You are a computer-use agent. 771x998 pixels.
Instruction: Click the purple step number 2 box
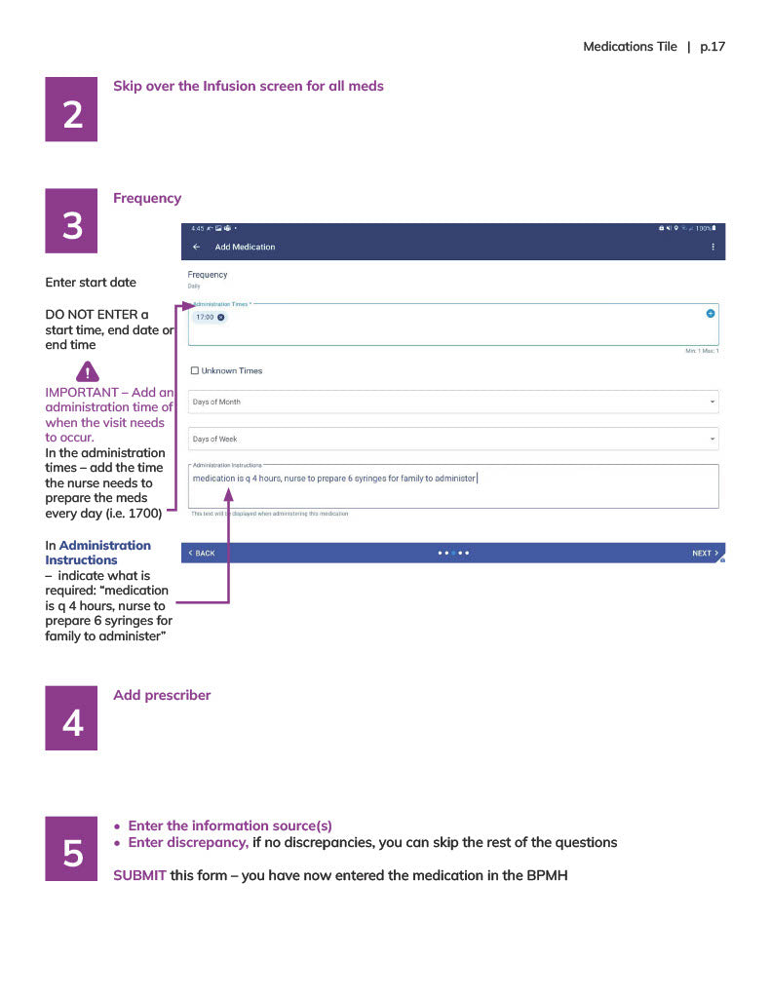pyautogui.click(x=71, y=109)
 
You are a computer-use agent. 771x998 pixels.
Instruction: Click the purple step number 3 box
pyautogui.click(x=71, y=220)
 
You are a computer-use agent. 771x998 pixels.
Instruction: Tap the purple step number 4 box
pyautogui.click(x=71, y=718)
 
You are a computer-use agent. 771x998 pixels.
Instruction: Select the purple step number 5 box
pyautogui.click(x=71, y=848)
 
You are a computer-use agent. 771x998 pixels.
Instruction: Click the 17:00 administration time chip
pyautogui.click(x=210, y=318)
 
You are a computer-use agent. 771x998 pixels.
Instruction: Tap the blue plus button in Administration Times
pyautogui.click(x=710, y=313)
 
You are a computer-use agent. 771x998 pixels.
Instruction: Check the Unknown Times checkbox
pyautogui.click(x=195, y=370)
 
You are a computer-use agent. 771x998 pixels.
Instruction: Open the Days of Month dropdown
pyautogui.click(x=452, y=402)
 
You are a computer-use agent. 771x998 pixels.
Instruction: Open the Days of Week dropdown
pyautogui.click(x=452, y=440)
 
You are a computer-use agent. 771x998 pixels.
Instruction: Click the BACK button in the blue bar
pyautogui.click(x=202, y=554)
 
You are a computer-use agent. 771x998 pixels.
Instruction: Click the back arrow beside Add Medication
pyautogui.click(x=197, y=248)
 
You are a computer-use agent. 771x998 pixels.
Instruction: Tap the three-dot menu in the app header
pyautogui.click(x=713, y=248)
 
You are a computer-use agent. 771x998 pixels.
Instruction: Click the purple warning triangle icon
pyautogui.click(x=88, y=371)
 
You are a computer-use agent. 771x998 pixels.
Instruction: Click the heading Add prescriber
pyautogui.click(x=162, y=695)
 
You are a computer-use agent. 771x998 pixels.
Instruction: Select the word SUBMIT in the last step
pyautogui.click(x=139, y=875)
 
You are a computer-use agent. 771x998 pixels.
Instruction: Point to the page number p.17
pyautogui.click(x=713, y=47)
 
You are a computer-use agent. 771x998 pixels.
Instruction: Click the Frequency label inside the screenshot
pyautogui.click(x=208, y=275)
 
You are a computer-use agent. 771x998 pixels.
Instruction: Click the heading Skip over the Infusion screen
pyautogui.click(x=248, y=86)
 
